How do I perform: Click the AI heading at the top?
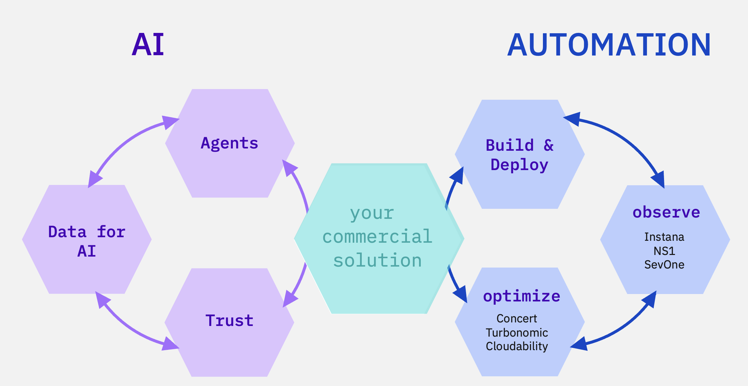pyautogui.click(x=148, y=45)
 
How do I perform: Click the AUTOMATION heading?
pyautogui.click(x=609, y=45)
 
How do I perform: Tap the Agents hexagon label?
pyautogui.click(x=229, y=143)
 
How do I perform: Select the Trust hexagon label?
pyautogui.click(x=229, y=320)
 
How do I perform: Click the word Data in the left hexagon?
pyautogui.click(x=68, y=232)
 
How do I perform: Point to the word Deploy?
pyautogui.click(x=519, y=165)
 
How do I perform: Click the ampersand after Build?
pyautogui.click(x=548, y=145)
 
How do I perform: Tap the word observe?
pyautogui.click(x=666, y=212)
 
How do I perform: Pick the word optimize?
pyautogui.click(x=522, y=296)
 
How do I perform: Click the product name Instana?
pyautogui.click(x=664, y=237)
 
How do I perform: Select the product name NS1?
pyautogui.click(x=664, y=251)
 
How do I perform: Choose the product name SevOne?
pyautogui.click(x=664, y=265)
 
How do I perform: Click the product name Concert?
pyautogui.click(x=516, y=319)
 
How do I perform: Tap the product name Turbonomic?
pyautogui.click(x=517, y=332)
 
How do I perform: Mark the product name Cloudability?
pyautogui.click(x=517, y=346)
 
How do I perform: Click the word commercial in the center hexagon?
pyautogui.click(x=377, y=237)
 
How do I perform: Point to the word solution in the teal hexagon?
pyautogui.click(x=377, y=260)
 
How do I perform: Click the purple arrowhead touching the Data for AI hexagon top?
pyautogui.click(x=94, y=181)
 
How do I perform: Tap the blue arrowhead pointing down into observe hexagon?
pyautogui.click(x=659, y=180)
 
